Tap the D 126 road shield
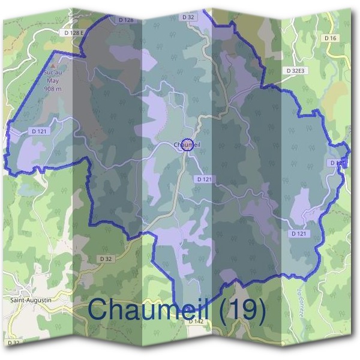click(x=127, y=20)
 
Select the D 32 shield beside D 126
click(x=188, y=18)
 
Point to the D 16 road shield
click(x=331, y=38)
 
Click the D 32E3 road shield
click(x=296, y=70)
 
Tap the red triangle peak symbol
click(x=53, y=66)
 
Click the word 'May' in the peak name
click(x=53, y=80)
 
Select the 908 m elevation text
click(x=53, y=88)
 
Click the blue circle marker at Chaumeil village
click(x=187, y=145)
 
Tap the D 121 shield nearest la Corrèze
click(x=299, y=233)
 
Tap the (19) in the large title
click(x=242, y=309)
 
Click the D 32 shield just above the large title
click(x=106, y=259)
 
